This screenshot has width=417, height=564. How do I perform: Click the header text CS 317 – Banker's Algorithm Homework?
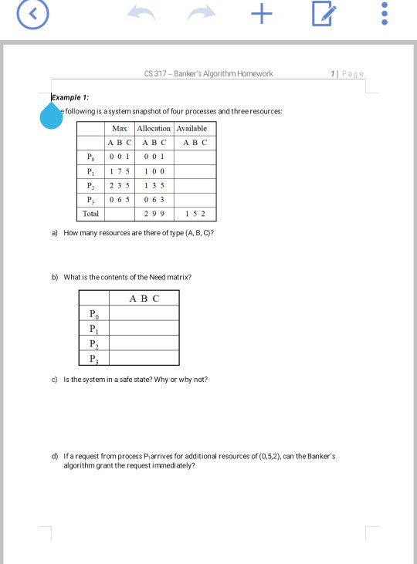(x=208, y=74)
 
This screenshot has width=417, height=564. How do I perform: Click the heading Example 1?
(x=70, y=98)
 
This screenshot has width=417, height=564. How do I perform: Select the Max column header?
(x=120, y=127)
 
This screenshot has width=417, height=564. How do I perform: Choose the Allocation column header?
(x=154, y=127)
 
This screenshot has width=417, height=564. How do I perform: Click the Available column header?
(x=195, y=127)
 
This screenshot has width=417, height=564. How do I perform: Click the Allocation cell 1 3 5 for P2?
(x=154, y=185)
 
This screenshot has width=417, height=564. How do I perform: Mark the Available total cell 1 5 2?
(x=195, y=213)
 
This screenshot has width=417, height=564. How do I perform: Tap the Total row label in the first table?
(x=91, y=213)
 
